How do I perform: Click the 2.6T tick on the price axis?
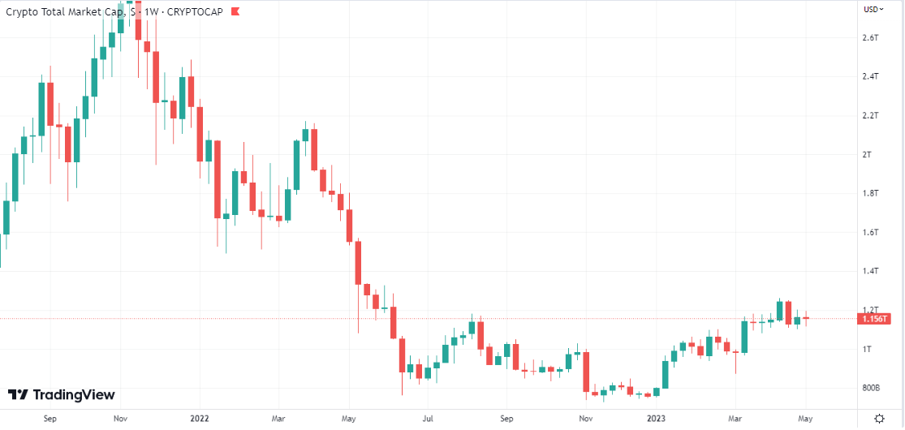tap(872, 37)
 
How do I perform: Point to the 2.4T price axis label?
tap(872, 76)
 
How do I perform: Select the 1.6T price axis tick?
tap(872, 232)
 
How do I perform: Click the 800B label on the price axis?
tap(872, 388)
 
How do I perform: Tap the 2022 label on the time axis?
tap(199, 419)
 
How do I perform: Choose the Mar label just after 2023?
tap(735, 419)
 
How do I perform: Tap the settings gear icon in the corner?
tap(879, 418)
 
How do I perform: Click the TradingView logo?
tap(62, 395)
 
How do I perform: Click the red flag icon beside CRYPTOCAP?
tap(235, 11)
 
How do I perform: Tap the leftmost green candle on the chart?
tap(6, 217)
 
